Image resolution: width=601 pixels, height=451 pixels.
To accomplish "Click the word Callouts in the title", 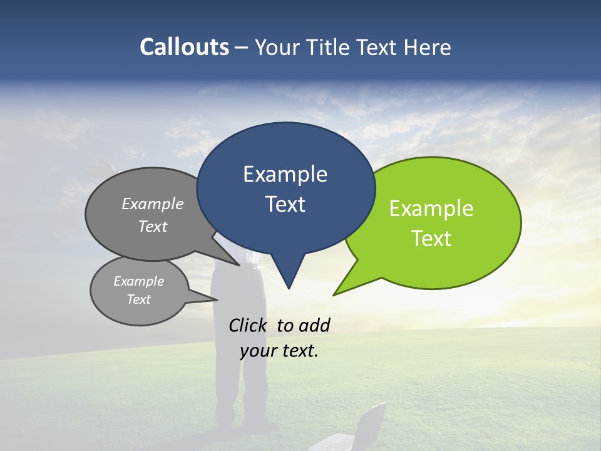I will tap(184, 47).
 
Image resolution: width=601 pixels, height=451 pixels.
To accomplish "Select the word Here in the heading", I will tap(428, 47).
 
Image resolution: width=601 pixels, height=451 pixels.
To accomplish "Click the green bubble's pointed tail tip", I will tap(334, 294).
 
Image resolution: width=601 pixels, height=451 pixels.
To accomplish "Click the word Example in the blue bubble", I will tap(285, 174).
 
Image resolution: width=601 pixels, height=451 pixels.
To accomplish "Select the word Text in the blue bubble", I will tap(285, 204).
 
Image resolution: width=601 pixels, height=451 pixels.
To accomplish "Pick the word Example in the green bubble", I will tap(431, 209).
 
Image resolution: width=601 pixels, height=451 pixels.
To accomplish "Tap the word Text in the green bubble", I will tap(431, 239).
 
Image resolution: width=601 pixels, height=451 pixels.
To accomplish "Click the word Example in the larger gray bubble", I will tap(153, 204).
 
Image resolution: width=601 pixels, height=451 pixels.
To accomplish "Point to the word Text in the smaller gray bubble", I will tap(139, 299).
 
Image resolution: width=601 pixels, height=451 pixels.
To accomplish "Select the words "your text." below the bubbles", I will tap(279, 351).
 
